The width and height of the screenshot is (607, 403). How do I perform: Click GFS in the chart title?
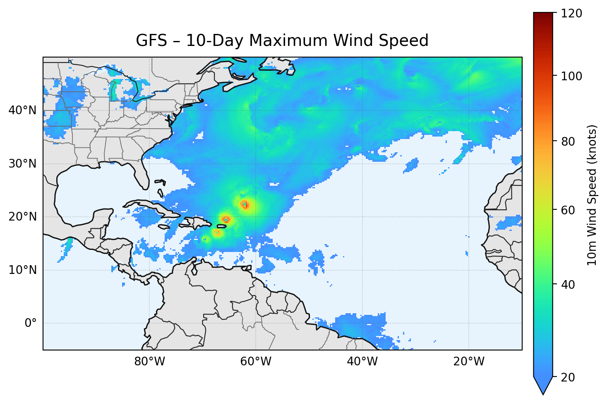click(x=151, y=41)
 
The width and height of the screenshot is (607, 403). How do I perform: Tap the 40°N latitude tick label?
click(x=22, y=110)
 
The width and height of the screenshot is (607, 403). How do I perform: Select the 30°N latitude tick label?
click(x=22, y=164)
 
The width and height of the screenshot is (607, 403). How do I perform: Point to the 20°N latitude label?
click(x=22, y=217)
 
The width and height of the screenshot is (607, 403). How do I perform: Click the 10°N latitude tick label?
click(x=22, y=270)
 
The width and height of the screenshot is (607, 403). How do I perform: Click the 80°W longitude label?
click(x=150, y=362)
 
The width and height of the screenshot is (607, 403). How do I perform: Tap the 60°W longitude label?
click(x=256, y=362)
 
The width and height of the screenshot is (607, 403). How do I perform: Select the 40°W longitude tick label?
click(x=362, y=362)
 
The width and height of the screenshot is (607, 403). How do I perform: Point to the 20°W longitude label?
click(x=469, y=362)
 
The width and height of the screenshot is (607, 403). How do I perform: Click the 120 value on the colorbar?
click(x=571, y=14)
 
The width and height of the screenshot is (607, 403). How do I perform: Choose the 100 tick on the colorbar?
click(x=571, y=76)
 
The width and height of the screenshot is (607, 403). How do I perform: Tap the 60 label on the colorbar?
click(x=569, y=210)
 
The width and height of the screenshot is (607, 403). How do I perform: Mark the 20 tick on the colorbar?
click(x=569, y=377)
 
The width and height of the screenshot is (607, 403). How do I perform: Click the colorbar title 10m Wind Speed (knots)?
click(x=592, y=195)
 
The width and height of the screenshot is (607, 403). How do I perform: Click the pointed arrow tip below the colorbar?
click(x=543, y=392)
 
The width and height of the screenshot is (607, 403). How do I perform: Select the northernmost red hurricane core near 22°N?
click(x=245, y=204)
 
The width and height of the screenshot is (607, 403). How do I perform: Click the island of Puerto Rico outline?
click(x=222, y=226)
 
